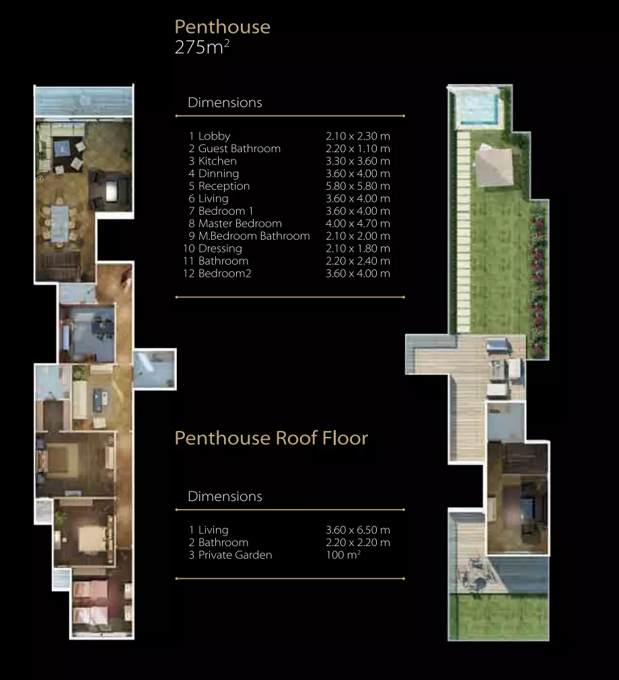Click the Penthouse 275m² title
click(223, 37)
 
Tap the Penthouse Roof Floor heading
click(271, 438)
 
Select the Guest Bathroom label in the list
click(240, 148)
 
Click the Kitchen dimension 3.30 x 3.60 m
click(358, 161)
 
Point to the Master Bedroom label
click(240, 224)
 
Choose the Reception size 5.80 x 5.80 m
click(358, 186)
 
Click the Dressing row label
click(220, 248)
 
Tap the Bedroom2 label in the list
click(225, 273)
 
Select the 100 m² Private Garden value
click(343, 555)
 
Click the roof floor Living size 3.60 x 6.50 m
click(358, 530)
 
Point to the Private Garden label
click(235, 555)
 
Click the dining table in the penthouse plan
click(60, 224)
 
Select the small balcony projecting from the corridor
click(155, 369)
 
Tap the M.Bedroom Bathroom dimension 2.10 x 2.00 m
click(358, 236)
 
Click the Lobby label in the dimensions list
click(214, 136)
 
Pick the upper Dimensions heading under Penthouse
click(225, 102)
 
